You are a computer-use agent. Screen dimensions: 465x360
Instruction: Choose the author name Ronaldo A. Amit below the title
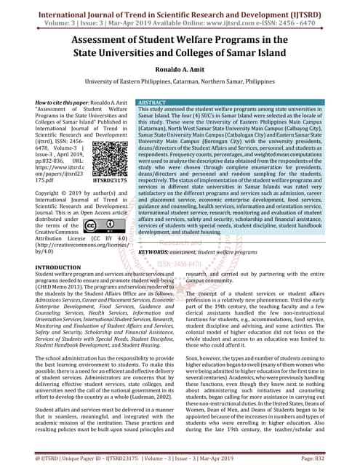(179, 70)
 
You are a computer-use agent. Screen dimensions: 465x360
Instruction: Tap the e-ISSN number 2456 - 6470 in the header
(317, 22)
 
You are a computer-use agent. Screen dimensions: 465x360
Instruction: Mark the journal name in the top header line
(180, 9)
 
